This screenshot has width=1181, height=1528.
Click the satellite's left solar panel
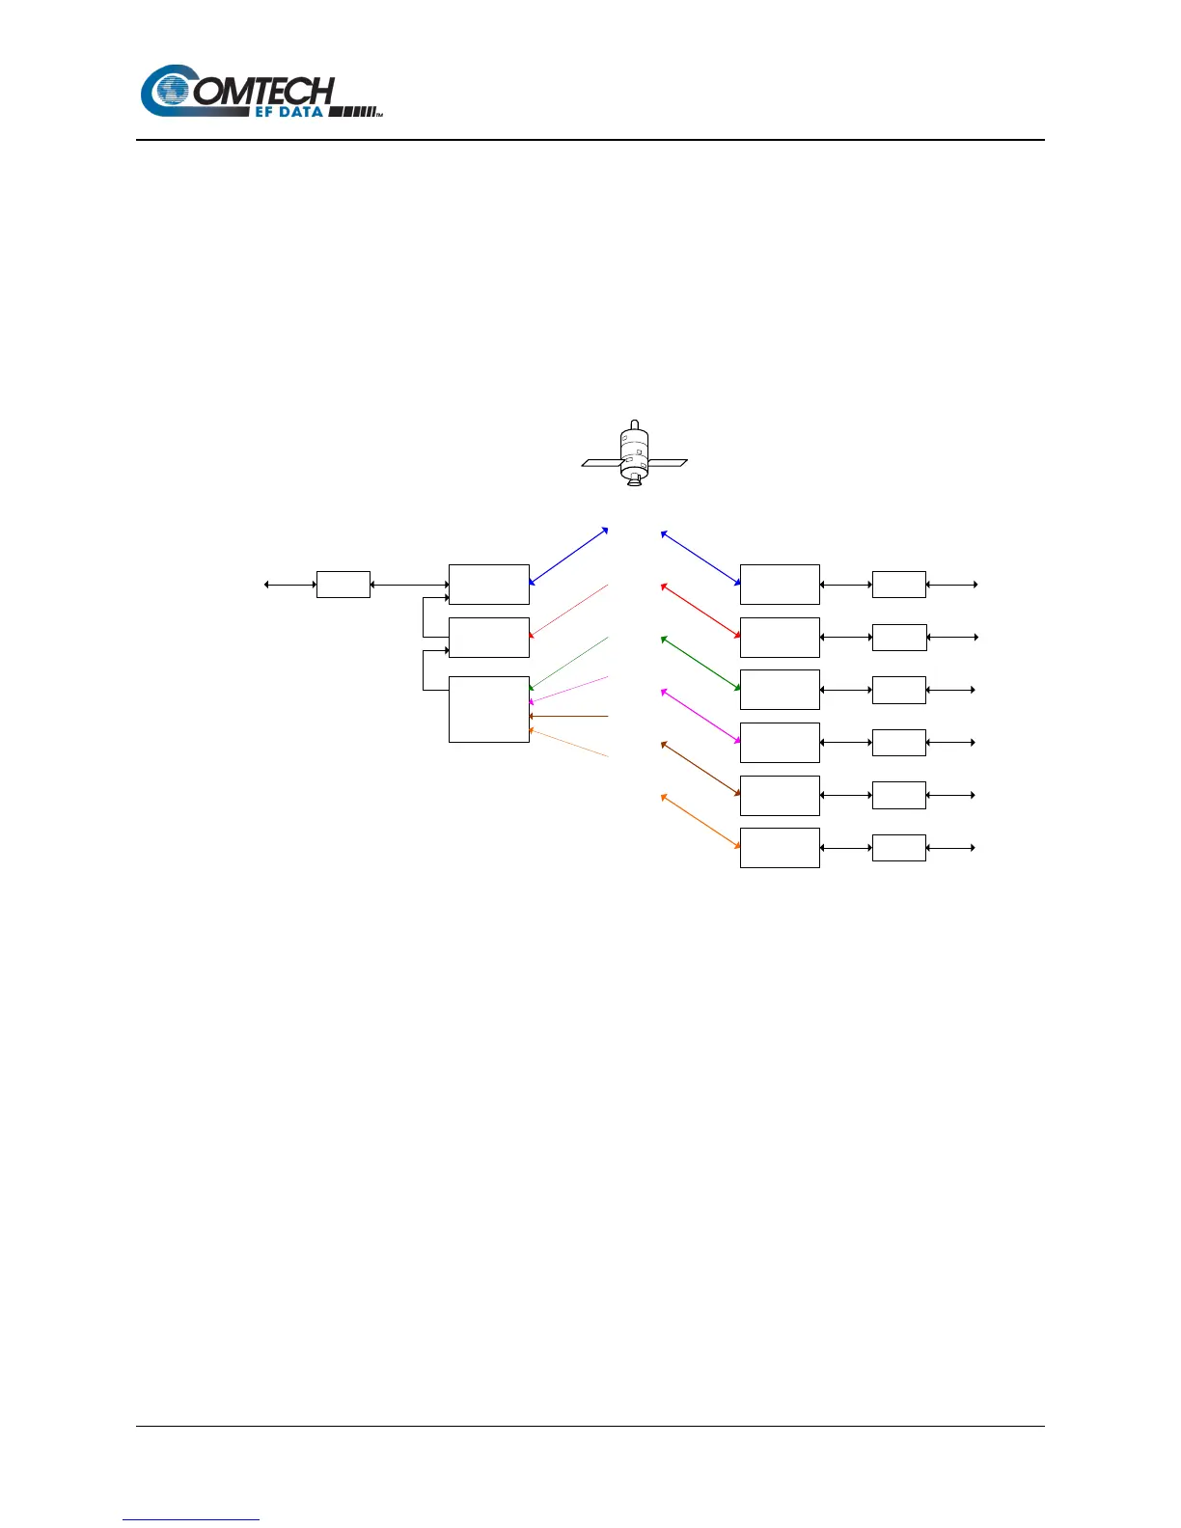pos(600,463)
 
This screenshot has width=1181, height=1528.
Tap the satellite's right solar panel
pos(668,463)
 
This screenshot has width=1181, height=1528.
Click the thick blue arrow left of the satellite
pos(568,557)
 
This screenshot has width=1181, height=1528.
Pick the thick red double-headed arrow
pos(700,611)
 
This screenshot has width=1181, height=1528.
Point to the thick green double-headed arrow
pos(700,664)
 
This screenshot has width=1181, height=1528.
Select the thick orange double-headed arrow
pos(700,822)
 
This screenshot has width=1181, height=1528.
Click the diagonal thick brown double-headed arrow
pos(700,769)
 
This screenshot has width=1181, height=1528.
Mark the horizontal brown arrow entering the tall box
pos(569,717)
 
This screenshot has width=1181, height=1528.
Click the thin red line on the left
pos(569,611)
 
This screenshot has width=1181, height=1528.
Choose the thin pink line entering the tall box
pos(569,690)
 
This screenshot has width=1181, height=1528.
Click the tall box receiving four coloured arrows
pos(489,709)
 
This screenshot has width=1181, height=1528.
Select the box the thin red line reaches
pos(489,638)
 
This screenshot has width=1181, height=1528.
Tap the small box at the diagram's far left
pos(343,585)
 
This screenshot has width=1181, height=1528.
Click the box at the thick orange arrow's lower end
pos(780,848)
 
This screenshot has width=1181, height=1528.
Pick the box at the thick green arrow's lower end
pos(780,690)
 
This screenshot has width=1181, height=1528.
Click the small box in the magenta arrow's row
pos(898,743)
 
